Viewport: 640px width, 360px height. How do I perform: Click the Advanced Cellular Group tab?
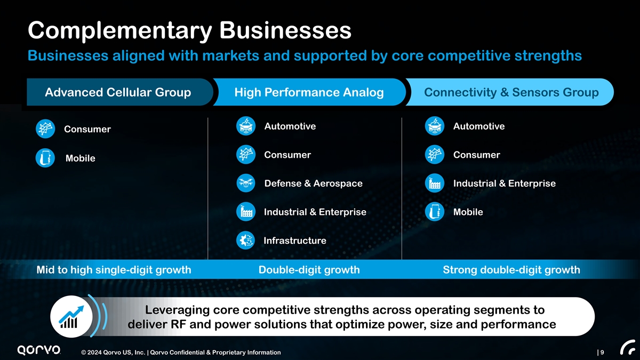pos(118,93)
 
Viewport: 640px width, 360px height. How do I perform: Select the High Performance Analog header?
pos(309,93)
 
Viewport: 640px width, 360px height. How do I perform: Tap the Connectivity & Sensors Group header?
pos(511,93)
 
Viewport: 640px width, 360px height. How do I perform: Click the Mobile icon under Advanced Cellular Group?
pos(45,158)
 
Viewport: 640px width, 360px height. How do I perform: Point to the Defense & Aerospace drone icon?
pos(245,183)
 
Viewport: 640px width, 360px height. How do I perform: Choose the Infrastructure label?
pos(295,241)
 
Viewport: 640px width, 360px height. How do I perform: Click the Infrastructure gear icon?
pos(245,241)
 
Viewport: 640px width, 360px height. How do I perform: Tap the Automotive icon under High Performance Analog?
pos(245,126)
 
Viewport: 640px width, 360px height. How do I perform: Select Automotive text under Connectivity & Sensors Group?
pos(478,126)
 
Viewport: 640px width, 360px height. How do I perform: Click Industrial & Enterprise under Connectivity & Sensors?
pos(504,183)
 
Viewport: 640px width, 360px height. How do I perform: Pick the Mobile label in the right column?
pos(468,212)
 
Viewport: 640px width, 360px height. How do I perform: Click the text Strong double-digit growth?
pos(511,270)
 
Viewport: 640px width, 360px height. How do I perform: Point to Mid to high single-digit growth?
pos(114,270)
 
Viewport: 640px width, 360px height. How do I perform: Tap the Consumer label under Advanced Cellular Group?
pos(87,130)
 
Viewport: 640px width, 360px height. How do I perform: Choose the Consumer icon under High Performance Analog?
pos(245,155)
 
